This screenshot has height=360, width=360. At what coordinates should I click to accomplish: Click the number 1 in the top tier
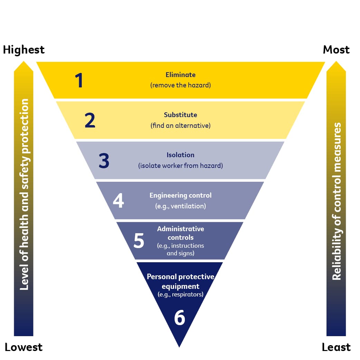(79, 80)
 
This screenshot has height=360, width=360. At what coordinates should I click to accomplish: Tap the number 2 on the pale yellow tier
(90, 120)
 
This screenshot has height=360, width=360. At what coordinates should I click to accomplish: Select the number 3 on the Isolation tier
(104, 161)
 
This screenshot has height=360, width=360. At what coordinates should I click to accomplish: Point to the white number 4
(119, 201)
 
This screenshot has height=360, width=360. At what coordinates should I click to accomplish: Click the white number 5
(139, 241)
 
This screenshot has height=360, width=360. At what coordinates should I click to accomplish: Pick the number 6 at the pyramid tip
(180, 318)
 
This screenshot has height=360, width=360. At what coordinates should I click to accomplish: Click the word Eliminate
(180, 75)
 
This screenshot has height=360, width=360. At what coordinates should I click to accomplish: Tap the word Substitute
(180, 115)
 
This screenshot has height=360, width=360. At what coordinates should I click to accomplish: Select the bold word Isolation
(180, 155)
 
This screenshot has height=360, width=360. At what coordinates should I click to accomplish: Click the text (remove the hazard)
(180, 85)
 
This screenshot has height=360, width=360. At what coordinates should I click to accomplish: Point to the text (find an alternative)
(180, 125)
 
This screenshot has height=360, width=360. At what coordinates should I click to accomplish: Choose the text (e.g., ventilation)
(180, 206)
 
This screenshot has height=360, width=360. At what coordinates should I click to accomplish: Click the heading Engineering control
(180, 195)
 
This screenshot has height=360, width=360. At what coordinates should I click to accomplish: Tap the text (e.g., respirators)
(180, 295)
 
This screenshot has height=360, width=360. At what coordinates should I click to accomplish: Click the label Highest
(24, 50)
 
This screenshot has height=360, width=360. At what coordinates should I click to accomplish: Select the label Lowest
(23, 347)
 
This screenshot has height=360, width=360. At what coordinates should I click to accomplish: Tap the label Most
(336, 50)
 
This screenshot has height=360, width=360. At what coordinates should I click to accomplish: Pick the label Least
(336, 347)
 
